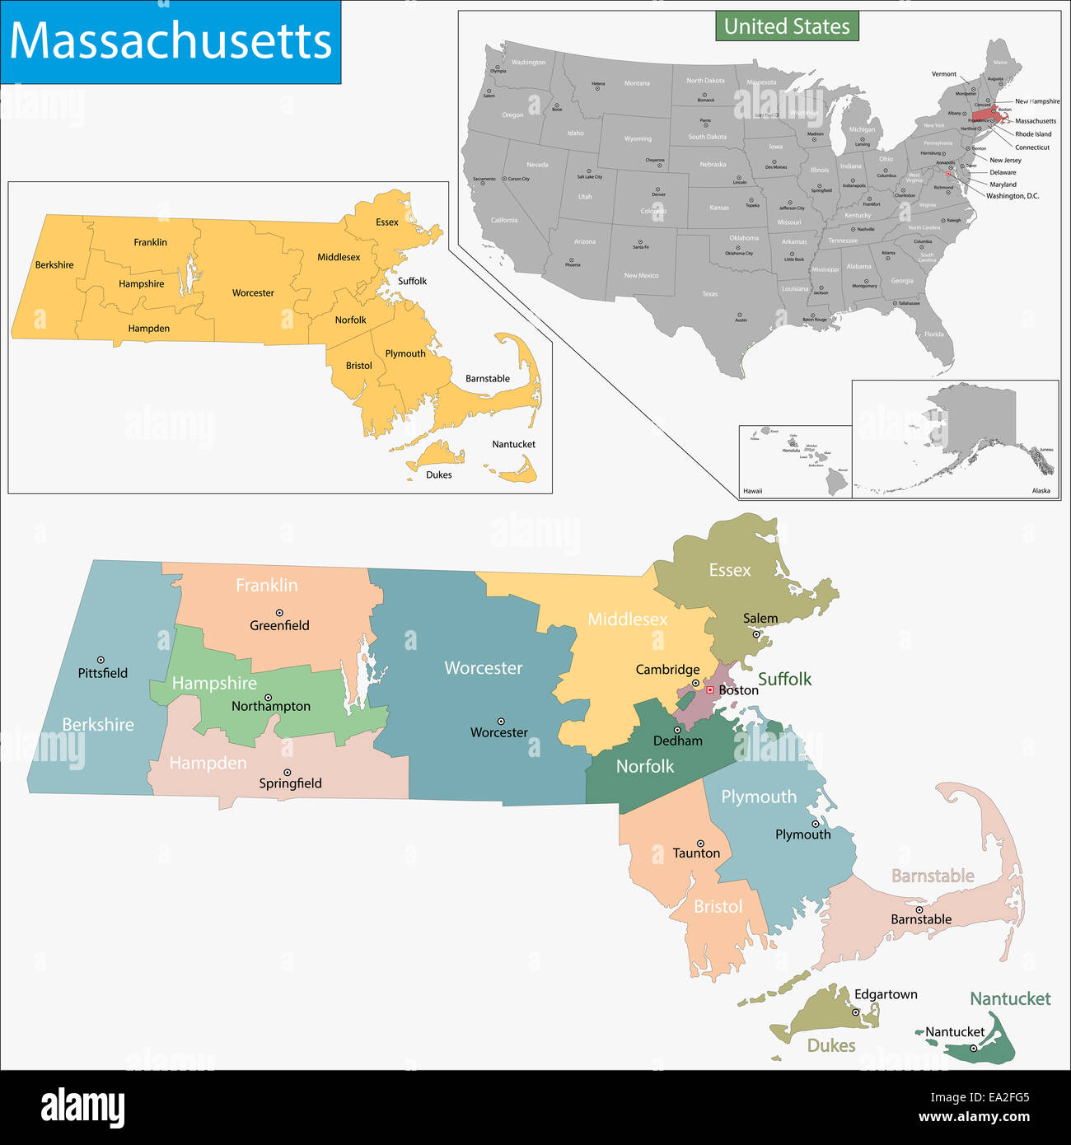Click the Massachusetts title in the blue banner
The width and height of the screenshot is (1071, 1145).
click(x=171, y=40)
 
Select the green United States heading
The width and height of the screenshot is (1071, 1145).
click(x=787, y=26)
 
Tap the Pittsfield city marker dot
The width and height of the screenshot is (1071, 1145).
click(x=101, y=660)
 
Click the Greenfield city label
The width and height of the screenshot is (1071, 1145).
click(x=279, y=625)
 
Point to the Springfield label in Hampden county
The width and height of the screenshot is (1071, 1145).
click(x=290, y=783)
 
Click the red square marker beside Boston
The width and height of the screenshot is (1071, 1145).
click(x=709, y=689)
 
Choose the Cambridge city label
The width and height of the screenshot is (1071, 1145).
click(x=667, y=670)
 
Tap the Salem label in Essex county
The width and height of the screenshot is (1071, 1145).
click(x=760, y=619)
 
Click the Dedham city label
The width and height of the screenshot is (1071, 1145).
click(x=677, y=741)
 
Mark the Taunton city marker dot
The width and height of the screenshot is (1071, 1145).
click(x=700, y=844)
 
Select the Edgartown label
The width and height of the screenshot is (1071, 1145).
click(x=886, y=994)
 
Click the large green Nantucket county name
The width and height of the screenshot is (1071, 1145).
click(x=1010, y=999)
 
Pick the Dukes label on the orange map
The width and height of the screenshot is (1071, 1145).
click(x=439, y=474)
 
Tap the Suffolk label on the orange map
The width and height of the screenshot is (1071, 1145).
click(x=412, y=281)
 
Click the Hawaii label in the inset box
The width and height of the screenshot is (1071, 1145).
click(x=753, y=491)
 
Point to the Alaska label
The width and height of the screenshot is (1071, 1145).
click(x=1041, y=491)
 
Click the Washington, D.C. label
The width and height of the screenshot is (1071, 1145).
click(x=1013, y=196)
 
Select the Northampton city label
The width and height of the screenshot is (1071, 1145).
click(x=271, y=706)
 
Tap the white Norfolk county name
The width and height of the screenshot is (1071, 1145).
click(x=645, y=767)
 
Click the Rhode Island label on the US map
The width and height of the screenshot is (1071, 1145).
click(x=1033, y=134)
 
